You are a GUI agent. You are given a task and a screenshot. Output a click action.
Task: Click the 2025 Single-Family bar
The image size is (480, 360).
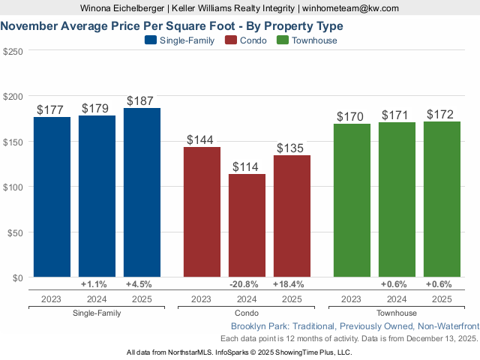point(142,193)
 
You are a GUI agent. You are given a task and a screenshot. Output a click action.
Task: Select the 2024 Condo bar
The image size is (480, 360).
point(247,226)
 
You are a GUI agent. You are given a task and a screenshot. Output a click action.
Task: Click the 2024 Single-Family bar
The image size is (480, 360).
point(97,196)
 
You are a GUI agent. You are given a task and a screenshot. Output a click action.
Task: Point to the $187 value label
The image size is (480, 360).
point(142,100)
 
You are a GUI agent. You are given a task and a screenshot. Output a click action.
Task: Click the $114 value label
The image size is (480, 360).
point(247,166)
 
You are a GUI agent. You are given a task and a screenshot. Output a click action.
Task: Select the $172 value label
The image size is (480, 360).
point(442,114)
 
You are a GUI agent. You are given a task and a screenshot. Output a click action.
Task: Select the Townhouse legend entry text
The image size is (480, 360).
point(314,40)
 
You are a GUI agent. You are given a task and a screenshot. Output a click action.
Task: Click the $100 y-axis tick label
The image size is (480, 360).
point(13,187)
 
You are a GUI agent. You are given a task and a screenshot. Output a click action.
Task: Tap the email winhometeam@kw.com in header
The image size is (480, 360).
point(351,8)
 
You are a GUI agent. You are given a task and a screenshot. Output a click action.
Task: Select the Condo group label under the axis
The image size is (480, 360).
point(247,313)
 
